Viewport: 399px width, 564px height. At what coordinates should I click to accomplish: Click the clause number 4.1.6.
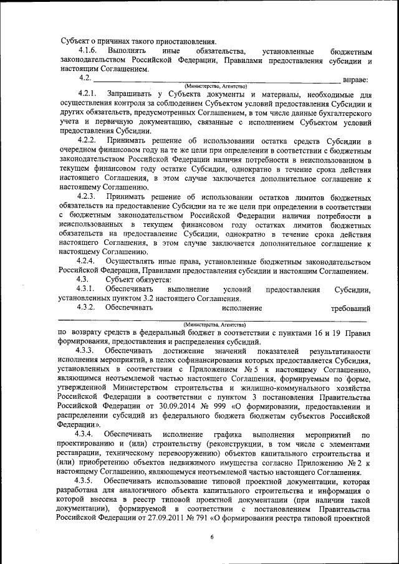coord(87,50)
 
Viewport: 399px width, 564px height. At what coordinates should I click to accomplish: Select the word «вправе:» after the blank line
coord(357,79)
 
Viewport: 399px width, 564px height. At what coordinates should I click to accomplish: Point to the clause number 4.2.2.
coord(87,141)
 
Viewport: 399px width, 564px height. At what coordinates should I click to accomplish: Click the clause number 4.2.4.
coord(87,261)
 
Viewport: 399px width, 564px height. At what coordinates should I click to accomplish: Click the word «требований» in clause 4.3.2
coord(351,308)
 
